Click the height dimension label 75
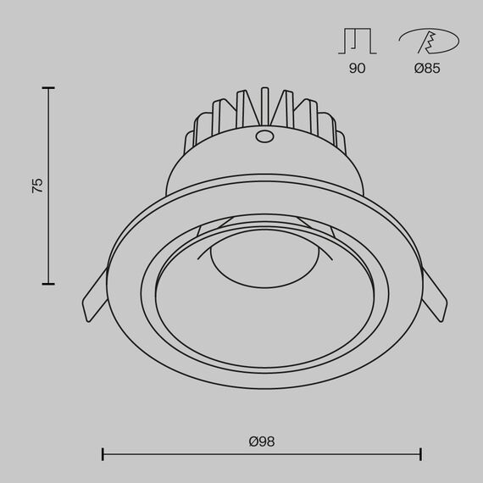36,186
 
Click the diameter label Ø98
262,441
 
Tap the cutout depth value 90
357,69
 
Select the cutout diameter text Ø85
427,69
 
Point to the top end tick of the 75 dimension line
48,87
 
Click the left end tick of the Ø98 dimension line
103,455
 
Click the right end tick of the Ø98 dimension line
421,455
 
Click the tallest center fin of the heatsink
264,106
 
